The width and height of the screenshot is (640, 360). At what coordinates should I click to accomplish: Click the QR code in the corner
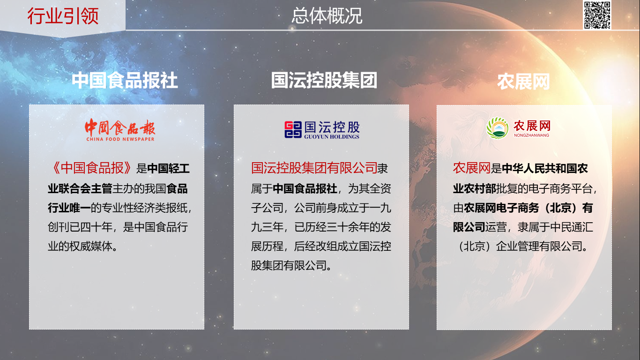[597, 15]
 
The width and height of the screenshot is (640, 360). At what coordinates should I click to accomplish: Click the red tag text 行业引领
[63, 16]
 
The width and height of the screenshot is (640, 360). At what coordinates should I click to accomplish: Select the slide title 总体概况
[327, 16]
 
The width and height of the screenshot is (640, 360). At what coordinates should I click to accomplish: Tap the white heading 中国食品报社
[125, 80]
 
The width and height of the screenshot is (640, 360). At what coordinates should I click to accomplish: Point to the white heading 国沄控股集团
[324, 80]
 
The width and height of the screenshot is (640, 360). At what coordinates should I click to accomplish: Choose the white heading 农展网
[523, 82]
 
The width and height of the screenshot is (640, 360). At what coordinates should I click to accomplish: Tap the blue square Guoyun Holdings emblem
[293, 129]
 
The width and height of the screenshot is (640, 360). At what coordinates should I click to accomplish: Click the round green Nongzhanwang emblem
[498, 128]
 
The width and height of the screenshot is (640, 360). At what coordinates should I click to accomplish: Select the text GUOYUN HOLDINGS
[332, 137]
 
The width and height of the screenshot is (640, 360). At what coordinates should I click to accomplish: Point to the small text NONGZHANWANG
[531, 135]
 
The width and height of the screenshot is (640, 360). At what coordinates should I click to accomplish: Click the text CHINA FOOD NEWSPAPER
[120, 139]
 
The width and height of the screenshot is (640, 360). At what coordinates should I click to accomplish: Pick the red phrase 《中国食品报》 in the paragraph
[91, 168]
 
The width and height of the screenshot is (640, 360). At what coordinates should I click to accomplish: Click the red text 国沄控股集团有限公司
[314, 168]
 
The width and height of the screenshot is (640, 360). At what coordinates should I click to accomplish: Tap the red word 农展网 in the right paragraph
[472, 168]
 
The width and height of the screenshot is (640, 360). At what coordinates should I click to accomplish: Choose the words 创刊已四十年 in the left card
[80, 227]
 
